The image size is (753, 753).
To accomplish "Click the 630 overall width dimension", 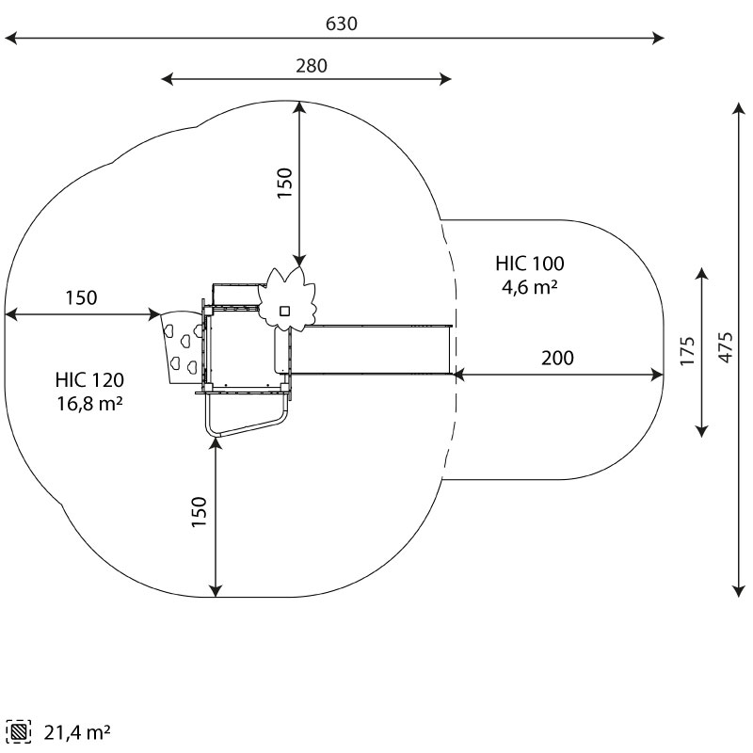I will click(x=341, y=24).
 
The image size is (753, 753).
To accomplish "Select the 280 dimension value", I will click(x=312, y=66).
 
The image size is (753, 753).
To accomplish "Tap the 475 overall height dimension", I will click(x=725, y=348).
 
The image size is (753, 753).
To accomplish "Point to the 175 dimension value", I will click(x=688, y=350).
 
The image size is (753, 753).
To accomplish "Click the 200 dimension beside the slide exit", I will click(x=557, y=359).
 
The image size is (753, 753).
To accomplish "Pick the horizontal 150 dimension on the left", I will click(x=81, y=298).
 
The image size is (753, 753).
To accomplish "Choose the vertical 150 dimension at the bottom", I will click(x=200, y=512).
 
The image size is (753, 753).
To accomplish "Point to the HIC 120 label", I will click(x=89, y=380).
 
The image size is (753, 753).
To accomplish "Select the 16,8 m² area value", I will click(x=89, y=404).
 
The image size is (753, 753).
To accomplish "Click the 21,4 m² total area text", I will click(x=77, y=730).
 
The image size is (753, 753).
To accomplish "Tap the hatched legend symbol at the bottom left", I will click(x=17, y=730).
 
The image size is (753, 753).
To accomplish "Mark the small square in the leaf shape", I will click(x=283, y=309).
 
